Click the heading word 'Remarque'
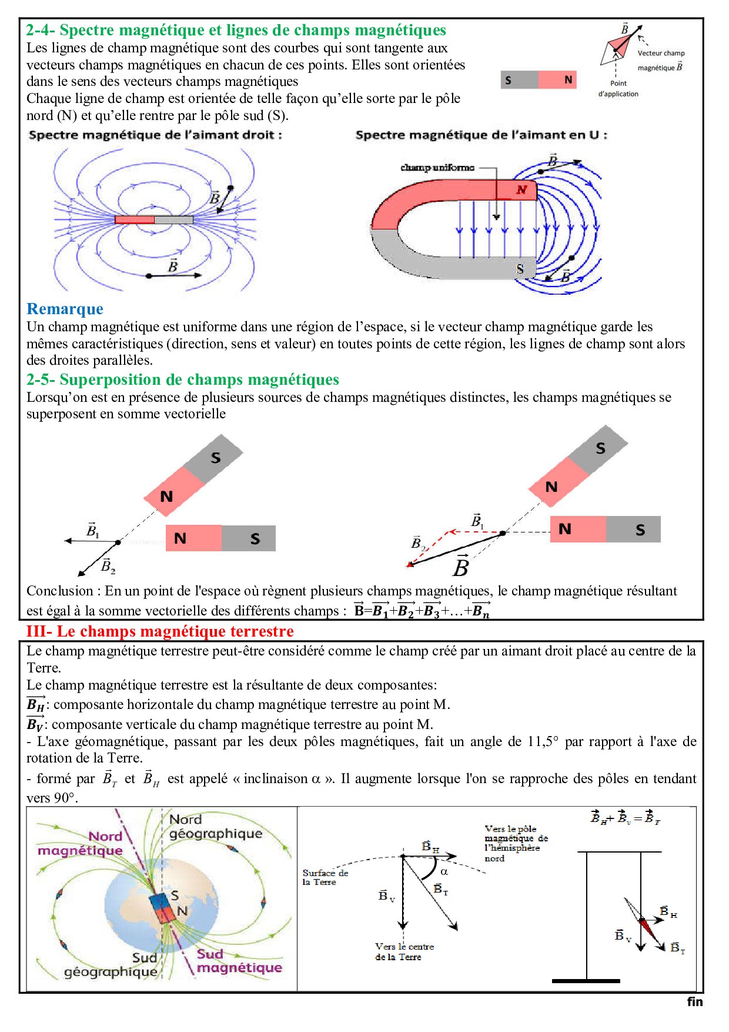point(65,309)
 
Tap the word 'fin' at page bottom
point(694,1001)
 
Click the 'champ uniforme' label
point(437,168)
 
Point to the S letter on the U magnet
point(520,269)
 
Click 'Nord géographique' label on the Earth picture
point(215,827)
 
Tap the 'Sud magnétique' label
point(239,961)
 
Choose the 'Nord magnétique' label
point(81,843)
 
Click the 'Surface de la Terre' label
point(325,877)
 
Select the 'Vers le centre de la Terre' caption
point(404,951)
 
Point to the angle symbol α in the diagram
point(444,871)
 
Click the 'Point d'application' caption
point(618,88)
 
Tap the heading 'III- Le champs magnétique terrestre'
point(160,631)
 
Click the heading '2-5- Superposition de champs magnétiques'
point(183,379)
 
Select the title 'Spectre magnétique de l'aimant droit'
point(155,135)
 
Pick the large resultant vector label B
point(461,567)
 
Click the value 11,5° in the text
point(543,741)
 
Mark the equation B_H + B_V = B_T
point(626,818)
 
